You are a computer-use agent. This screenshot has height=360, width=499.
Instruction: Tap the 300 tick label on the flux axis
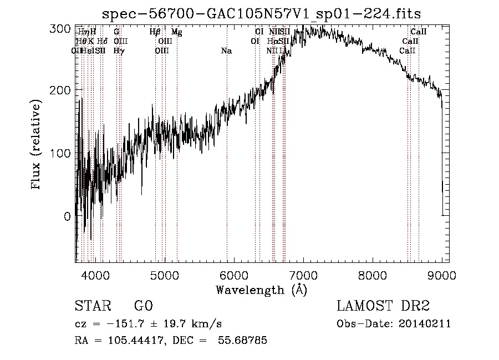point(59,29)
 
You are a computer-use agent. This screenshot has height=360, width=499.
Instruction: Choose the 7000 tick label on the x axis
point(303,275)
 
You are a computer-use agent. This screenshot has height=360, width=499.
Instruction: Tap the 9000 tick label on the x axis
point(442,275)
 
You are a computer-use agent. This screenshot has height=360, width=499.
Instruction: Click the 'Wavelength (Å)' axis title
point(261,290)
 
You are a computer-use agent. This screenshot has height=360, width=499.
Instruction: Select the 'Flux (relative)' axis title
point(37,145)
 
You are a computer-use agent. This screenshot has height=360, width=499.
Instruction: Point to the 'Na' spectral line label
point(226,51)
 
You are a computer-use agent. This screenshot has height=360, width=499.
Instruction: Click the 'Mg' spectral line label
point(176,32)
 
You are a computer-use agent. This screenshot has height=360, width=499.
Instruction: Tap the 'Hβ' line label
point(155,32)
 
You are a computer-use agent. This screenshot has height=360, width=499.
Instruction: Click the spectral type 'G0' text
point(143,306)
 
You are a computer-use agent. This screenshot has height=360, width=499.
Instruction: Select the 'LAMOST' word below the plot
point(364,306)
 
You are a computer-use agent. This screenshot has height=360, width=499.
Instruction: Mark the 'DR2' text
point(415,306)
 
